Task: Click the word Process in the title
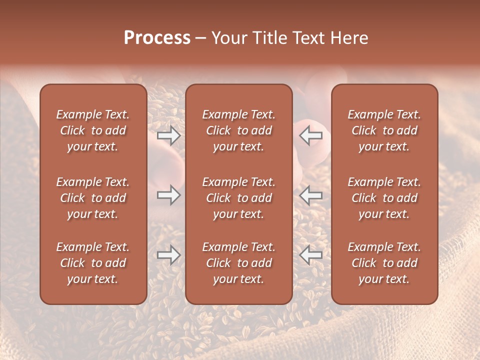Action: coord(157,38)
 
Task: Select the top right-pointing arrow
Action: coord(168,135)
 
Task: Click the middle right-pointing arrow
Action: coord(168,195)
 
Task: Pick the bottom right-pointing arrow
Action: coord(168,255)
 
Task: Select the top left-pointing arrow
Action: coord(311,135)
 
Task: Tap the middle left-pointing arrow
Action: coord(311,195)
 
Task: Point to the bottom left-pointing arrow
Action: coord(311,255)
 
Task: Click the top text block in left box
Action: coord(93,130)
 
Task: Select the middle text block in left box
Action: coord(93,198)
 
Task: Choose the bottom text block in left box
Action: coord(93,263)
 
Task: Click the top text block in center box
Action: coord(238,130)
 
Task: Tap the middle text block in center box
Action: coord(238,198)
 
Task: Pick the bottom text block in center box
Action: coord(238,263)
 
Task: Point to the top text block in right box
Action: coord(384,130)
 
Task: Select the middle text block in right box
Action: coord(384,198)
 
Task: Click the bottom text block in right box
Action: coord(384,263)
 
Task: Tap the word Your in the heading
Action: coord(228,38)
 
